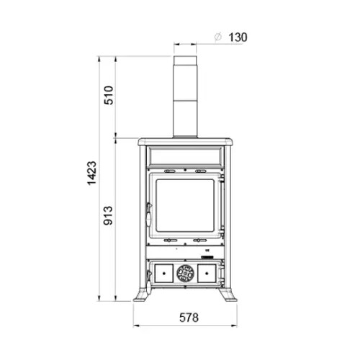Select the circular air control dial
click(x=185, y=273)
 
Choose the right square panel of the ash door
click(x=207, y=273)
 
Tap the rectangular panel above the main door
click(x=185, y=156)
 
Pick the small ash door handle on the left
click(x=148, y=274)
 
